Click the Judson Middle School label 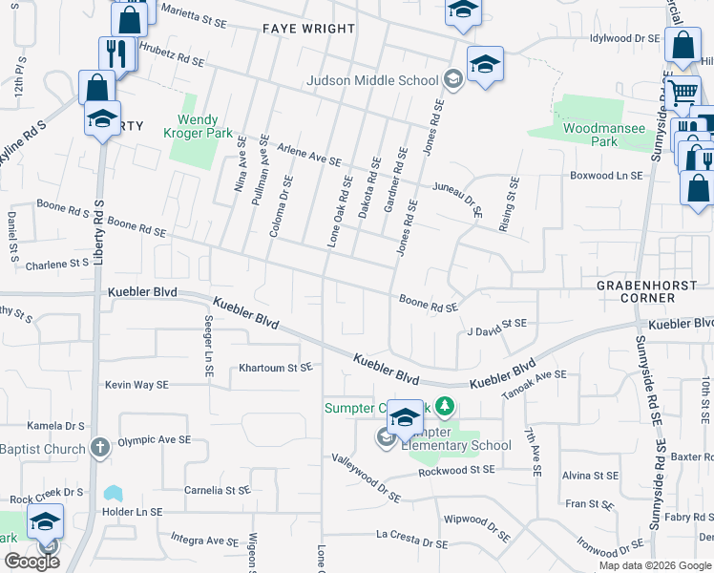click(372, 80)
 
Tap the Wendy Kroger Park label click(198, 127)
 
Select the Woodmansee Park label click(603, 134)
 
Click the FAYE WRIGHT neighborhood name click(308, 29)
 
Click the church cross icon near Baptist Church click(101, 448)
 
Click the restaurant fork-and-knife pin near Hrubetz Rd click(117, 53)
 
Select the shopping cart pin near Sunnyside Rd click(682, 93)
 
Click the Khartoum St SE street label click(276, 367)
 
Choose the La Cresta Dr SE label click(411, 539)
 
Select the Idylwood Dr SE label click(625, 38)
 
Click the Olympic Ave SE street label click(155, 440)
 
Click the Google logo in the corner click(31, 562)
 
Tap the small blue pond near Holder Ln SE click(114, 494)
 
